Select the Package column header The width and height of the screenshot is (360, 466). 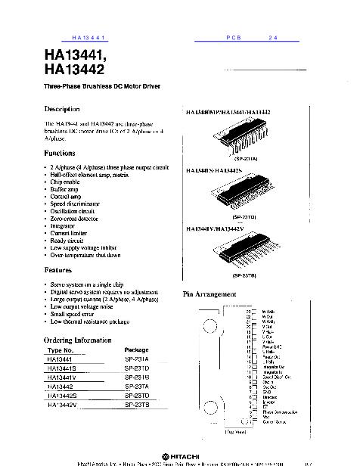point(136,350)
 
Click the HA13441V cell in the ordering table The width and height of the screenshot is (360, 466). point(63,377)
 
